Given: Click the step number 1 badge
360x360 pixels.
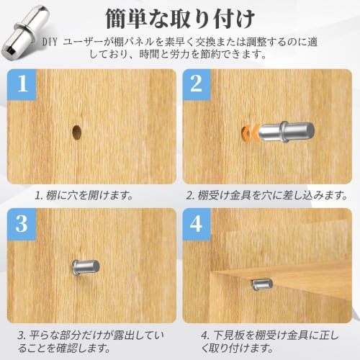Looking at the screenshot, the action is pyautogui.click(x=22, y=84).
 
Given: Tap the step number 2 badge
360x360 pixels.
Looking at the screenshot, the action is pyautogui.click(x=197, y=84).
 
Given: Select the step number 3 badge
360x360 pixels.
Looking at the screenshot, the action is pyautogui.click(x=22, y=224).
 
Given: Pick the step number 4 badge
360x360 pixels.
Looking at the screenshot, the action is pyautogui.click(x=197, y=224).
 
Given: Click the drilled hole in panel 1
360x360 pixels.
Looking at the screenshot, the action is pyautogui.click(x=76, y=132).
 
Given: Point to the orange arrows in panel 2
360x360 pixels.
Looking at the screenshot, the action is pyautogui.click(x=251, y=132).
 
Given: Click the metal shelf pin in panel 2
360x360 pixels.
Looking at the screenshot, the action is pyautogui.click(x=286, y=132).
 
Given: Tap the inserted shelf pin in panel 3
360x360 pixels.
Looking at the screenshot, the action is pyautogui.click(x=86, y=268).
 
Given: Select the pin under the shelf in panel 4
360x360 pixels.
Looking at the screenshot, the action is pyautogui.click(x=263, y=284).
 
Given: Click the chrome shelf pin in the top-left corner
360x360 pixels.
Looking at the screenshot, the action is pyautogui.click(x=25, y=32).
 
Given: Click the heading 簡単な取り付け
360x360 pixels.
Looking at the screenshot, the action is pyautogui.click(x=179, y=19).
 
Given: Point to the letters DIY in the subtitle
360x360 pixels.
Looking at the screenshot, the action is pyautogui.click(x=50, y=42).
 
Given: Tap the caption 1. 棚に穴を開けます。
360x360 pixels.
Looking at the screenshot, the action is pyautogui.click(x=84, y=196).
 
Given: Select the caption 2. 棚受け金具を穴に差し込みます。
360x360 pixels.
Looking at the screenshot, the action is pyautogui.click(x=267, y=196).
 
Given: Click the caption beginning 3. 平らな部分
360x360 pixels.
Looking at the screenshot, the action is pyautogui.click(x=91, y=342).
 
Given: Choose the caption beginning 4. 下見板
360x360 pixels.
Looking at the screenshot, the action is pyautogui.click(x=269, y=342).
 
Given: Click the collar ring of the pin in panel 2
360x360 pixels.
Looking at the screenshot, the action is pyautogui.click(x=284, y=132).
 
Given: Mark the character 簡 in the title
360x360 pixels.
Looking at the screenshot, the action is pyautogui.click(x=116, y=19).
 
